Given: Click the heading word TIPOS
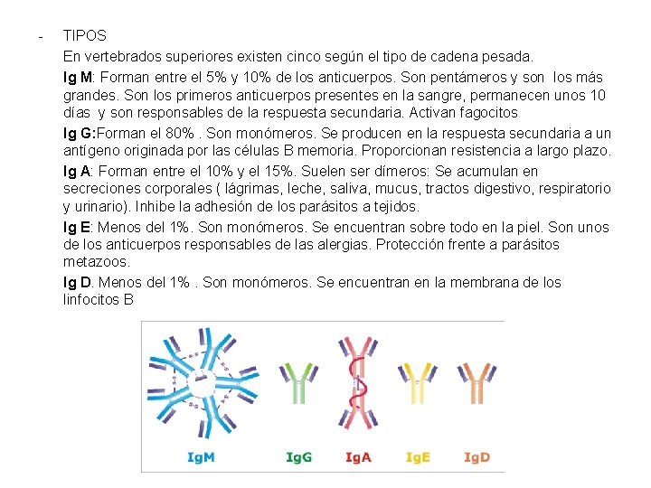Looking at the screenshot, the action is coord(85,36).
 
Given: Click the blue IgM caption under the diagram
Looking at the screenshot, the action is coord(201,457).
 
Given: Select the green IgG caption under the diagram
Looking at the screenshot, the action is coord(299,457).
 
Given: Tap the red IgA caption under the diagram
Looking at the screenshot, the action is coord(358,457).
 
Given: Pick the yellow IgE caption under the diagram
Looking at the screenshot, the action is coord(419,457).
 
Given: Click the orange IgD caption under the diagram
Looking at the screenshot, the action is coord(476,457).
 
